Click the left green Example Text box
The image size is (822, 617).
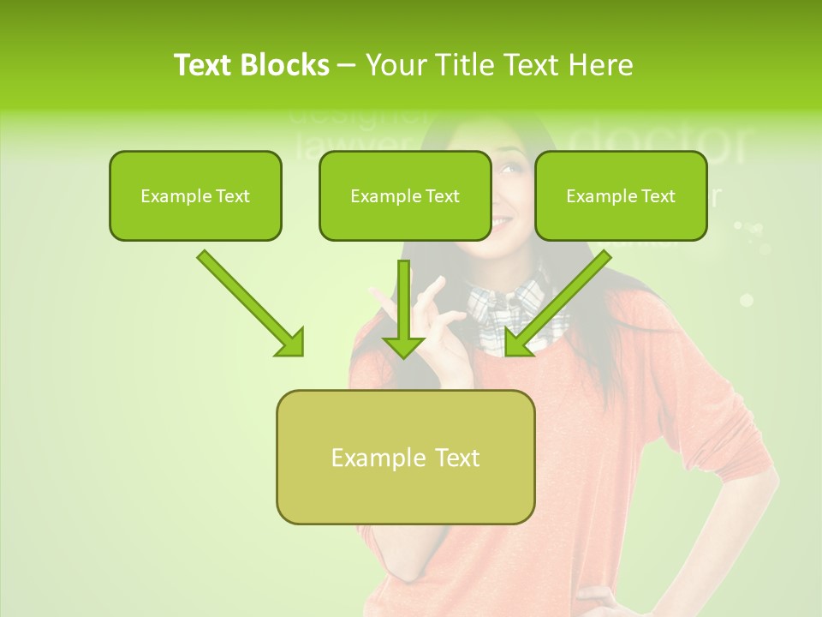[195, 195]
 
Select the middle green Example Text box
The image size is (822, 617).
[405, 195]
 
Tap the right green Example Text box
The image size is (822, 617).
[621, 195]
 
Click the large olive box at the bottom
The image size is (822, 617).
[405, 457]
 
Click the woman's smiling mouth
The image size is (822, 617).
[502, 222]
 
